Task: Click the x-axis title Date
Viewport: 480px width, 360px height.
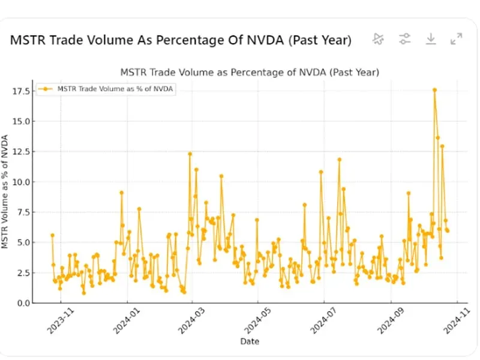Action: (x=250, y=341)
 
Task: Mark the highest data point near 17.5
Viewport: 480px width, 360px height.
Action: (x=434, y=90)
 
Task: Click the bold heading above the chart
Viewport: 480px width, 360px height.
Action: (x=181, y=40)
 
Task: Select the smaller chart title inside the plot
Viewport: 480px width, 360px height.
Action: (x=250, y=72)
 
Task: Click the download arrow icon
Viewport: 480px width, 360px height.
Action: (x=430, y=39)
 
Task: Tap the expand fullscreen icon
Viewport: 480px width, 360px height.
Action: (x=456, y=39)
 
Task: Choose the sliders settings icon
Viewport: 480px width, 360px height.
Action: (x=405, y=39)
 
